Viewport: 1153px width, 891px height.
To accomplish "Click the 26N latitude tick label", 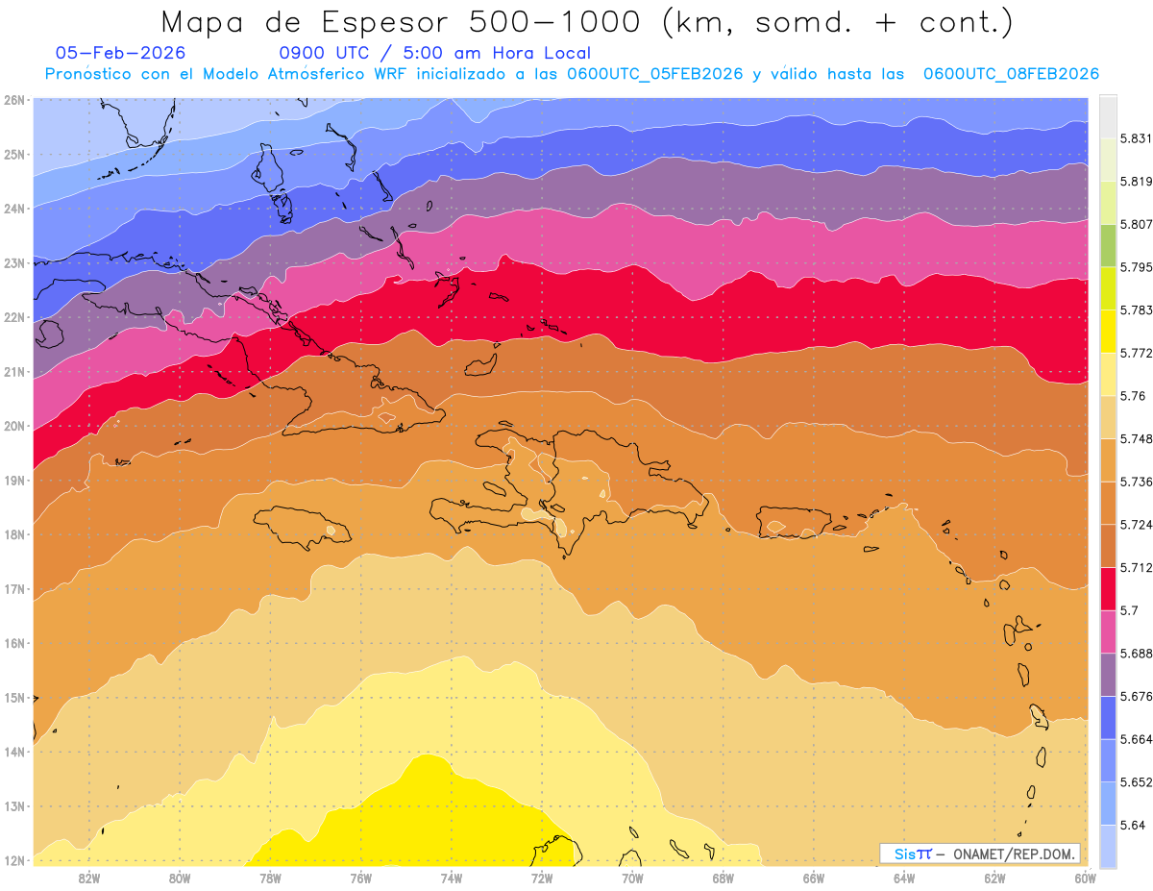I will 13,100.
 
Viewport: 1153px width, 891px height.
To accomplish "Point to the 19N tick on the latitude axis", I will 13,481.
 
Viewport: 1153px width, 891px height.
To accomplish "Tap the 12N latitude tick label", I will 13,860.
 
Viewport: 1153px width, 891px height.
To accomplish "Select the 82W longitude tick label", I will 89,878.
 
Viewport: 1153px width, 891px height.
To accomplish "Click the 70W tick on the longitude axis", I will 632,878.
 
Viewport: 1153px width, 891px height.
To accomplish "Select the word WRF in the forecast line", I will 386,74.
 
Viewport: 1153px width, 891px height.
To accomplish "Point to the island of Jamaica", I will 298,527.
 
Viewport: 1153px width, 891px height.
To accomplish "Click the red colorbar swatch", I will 1108,585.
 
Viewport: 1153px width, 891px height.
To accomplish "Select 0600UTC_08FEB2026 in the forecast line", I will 1011,74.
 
